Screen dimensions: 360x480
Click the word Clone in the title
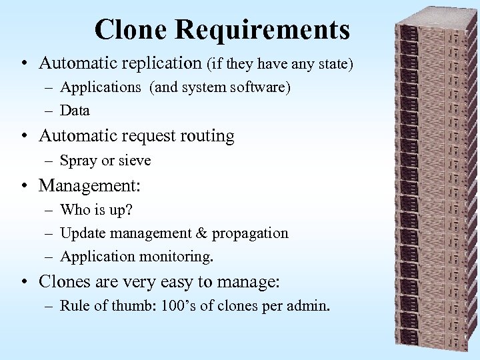pos(130,30)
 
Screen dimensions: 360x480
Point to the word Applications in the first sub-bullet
pos(101,87)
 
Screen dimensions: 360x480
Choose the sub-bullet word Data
pos(75,111)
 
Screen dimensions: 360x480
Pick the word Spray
pos(78,161)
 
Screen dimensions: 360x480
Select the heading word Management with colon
pos(90,185)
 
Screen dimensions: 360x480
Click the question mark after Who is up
pos(129,210)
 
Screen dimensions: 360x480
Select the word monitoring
pos(177,257)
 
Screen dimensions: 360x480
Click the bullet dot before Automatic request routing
pos(23,137)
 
